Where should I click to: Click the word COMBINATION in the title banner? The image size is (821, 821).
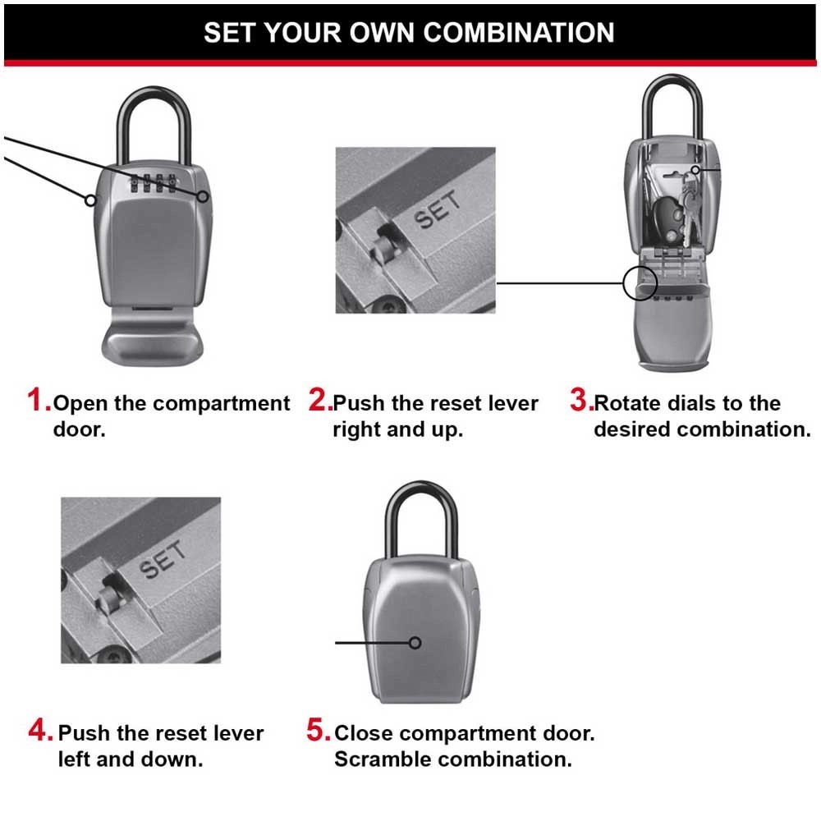tap(518, 32)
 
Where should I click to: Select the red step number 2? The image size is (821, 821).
tap(319, 401)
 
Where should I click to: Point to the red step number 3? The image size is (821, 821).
tap(580, 401)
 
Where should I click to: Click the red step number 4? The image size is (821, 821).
tap(41, 730)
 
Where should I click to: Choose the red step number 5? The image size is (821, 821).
tap(319, 730)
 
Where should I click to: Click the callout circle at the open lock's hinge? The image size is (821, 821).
tap(640, 283)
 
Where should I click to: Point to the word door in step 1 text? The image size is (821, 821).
tap(79, 429)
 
